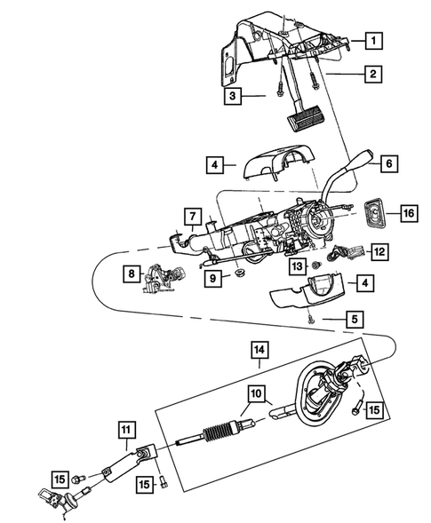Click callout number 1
pyautogui.click(x=376, y=41)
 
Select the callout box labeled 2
pyautogui.click(x=376, y=75)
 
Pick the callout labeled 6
pyautogui.click(x=388, y=163)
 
